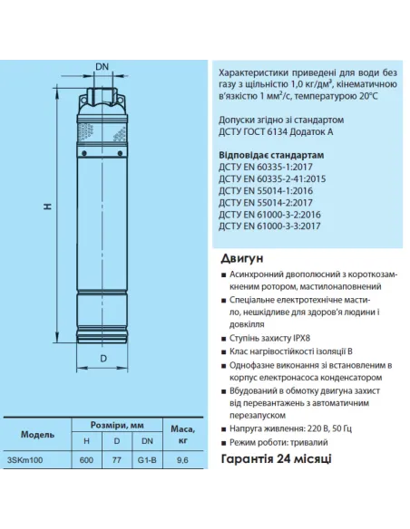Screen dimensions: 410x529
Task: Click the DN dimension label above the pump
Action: point(102,67)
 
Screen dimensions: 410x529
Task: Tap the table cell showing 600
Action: point(87,459)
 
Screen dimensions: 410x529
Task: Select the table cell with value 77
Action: point(116,459)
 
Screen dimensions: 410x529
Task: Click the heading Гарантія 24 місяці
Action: point(276,459)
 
